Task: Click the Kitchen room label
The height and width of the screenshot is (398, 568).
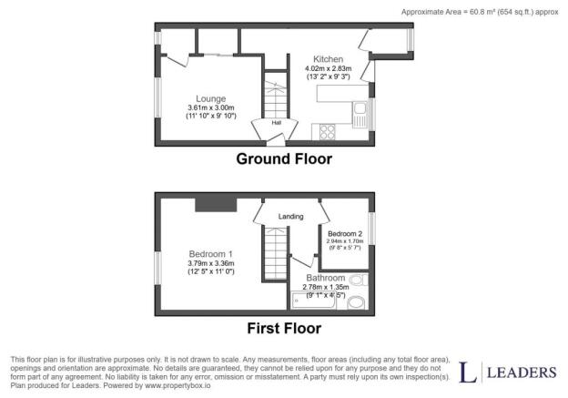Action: click(328, 59)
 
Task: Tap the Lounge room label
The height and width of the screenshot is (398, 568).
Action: click(211, 98)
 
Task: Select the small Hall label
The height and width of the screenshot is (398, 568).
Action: click(277, 123)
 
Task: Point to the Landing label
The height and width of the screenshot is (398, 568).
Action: click(291, 217)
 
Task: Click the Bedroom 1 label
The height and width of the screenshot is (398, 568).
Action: click(211, 254)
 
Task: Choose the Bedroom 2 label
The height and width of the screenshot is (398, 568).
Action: click(345, 234)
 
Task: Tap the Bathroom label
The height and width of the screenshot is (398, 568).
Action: click(326, 278)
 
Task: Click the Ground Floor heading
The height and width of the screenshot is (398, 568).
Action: click(284, 158)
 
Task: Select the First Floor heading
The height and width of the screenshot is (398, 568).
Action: click(284, 329)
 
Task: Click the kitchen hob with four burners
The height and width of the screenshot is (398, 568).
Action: click(328, 131)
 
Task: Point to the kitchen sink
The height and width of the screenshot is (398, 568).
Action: click(360, 115)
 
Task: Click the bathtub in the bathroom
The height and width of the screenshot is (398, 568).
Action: click(314, 301)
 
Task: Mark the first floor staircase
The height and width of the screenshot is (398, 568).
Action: click(276, 253)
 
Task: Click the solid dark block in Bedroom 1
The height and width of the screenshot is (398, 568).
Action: click(216, 205)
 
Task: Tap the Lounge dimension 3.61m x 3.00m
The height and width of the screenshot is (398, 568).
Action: click(211, 107)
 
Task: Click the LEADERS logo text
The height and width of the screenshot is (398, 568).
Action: click(522, 372)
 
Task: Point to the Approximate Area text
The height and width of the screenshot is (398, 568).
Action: click(480, 12)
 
